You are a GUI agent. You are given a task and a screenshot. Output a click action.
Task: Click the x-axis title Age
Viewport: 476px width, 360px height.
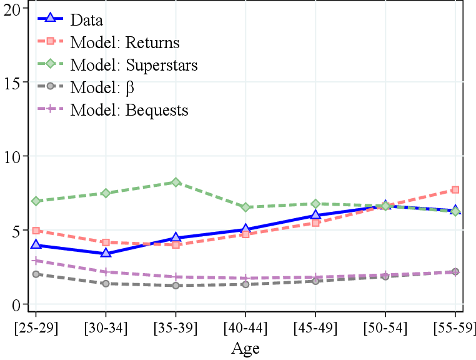coord(245,348)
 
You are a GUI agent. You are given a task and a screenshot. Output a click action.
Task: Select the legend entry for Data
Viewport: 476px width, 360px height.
coord(86,20)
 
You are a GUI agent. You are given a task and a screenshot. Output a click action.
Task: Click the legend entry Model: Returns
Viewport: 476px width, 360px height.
coord(125,42)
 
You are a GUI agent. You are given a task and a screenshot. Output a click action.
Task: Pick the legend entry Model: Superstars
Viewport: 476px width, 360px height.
coord(134,65)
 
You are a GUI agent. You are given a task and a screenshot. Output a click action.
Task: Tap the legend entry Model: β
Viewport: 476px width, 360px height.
coord(102,87)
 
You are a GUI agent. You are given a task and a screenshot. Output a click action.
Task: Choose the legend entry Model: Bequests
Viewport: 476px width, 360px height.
coord(129,110)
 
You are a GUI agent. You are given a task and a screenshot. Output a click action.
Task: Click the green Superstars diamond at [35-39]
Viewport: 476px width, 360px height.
coord(176,182)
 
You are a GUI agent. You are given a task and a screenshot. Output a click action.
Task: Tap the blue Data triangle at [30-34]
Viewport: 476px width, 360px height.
coord(106,253)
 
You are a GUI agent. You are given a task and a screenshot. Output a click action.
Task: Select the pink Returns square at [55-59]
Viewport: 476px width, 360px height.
coord(455,189)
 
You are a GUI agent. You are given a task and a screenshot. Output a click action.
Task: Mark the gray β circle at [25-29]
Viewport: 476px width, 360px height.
coord(36,274)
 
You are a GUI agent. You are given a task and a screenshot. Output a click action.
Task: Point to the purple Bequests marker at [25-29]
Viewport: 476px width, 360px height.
coord(36,261)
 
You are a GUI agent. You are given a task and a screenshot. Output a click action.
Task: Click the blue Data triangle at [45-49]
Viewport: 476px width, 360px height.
coord(315,215)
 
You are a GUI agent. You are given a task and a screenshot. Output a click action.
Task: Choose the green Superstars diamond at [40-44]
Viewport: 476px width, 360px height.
coord(245,207)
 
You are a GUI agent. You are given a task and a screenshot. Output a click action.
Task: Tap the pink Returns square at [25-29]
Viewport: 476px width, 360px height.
coord(36,231)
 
